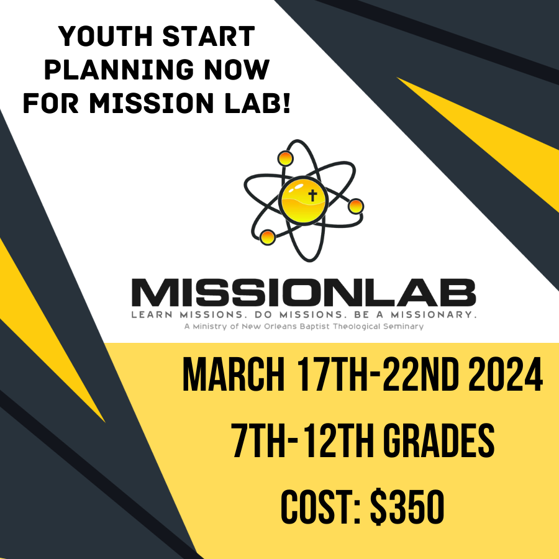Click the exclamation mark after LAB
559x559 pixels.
coord(286,102)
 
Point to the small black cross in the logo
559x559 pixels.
coord(312,196)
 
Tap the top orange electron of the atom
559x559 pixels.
coord(286,158)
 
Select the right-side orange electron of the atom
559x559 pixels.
coord(356,206)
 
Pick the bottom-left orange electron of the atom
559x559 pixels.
coord(267,237)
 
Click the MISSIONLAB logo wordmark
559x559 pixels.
coord(304,293)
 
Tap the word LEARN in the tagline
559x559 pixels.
coord(152,315)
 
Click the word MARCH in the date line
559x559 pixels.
coord(234,375)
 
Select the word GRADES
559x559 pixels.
coord(440,440)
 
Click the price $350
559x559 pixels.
coord(407,507)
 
